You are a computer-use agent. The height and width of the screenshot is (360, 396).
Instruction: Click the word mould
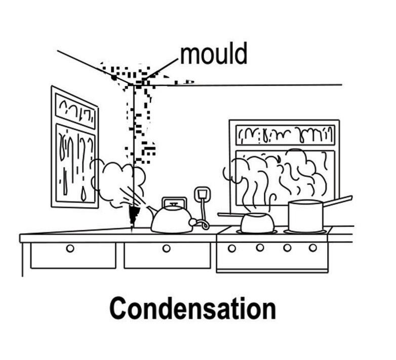pyautogui.click(x=213, y=54)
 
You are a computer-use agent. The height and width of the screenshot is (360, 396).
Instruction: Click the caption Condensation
pyautogui.click(x=192, y=308)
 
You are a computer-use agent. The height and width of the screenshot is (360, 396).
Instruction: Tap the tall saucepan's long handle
pyautogui.click(x=337, y=201)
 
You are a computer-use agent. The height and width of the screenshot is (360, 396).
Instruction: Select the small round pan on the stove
pyautogui.click(x=257, y=222)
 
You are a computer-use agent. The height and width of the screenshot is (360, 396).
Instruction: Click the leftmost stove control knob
pyautogui.click(x=231, y=248)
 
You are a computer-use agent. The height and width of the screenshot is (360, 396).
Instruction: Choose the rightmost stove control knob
pyautogui.click(x=312, y=248)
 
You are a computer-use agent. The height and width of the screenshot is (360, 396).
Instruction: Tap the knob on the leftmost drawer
pyautogui.click(x=70, y=248)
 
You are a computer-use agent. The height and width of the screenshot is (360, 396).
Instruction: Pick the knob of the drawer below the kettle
pyautogui.click(x=166, y=248)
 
